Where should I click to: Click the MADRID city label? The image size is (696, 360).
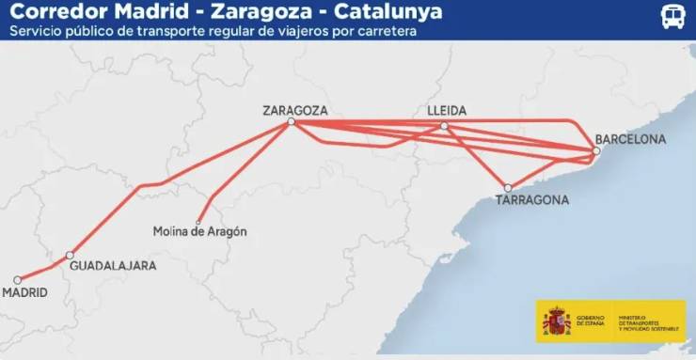pyautogui.click(x=24, y=293)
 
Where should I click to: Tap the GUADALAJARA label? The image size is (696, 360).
pyautogui.click(x=114, y=266)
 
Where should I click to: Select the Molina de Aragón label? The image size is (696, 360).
pyautogui.click(x=199, y=231)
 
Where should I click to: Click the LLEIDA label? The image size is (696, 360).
pyautogui.click(x=446, y=110)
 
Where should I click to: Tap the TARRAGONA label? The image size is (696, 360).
pyautogui.click(x=532, y=200)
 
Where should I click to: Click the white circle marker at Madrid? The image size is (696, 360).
pyautogui.click(x=18, y=279)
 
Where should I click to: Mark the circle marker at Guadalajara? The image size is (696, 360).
pyautogui.click(x=70, y=255)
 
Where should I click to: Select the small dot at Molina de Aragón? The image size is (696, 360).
pyautogui.click(x=198, y=222)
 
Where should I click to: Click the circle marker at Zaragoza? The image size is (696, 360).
pyautogui.click(x=292, y=122)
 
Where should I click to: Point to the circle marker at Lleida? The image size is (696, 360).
pyautogui.click(x=445, y=126)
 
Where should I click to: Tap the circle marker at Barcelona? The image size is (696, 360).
pyautogui.click(x=596, y=151)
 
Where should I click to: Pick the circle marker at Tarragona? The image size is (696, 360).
pyautogui.click(x=508, y=188)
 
